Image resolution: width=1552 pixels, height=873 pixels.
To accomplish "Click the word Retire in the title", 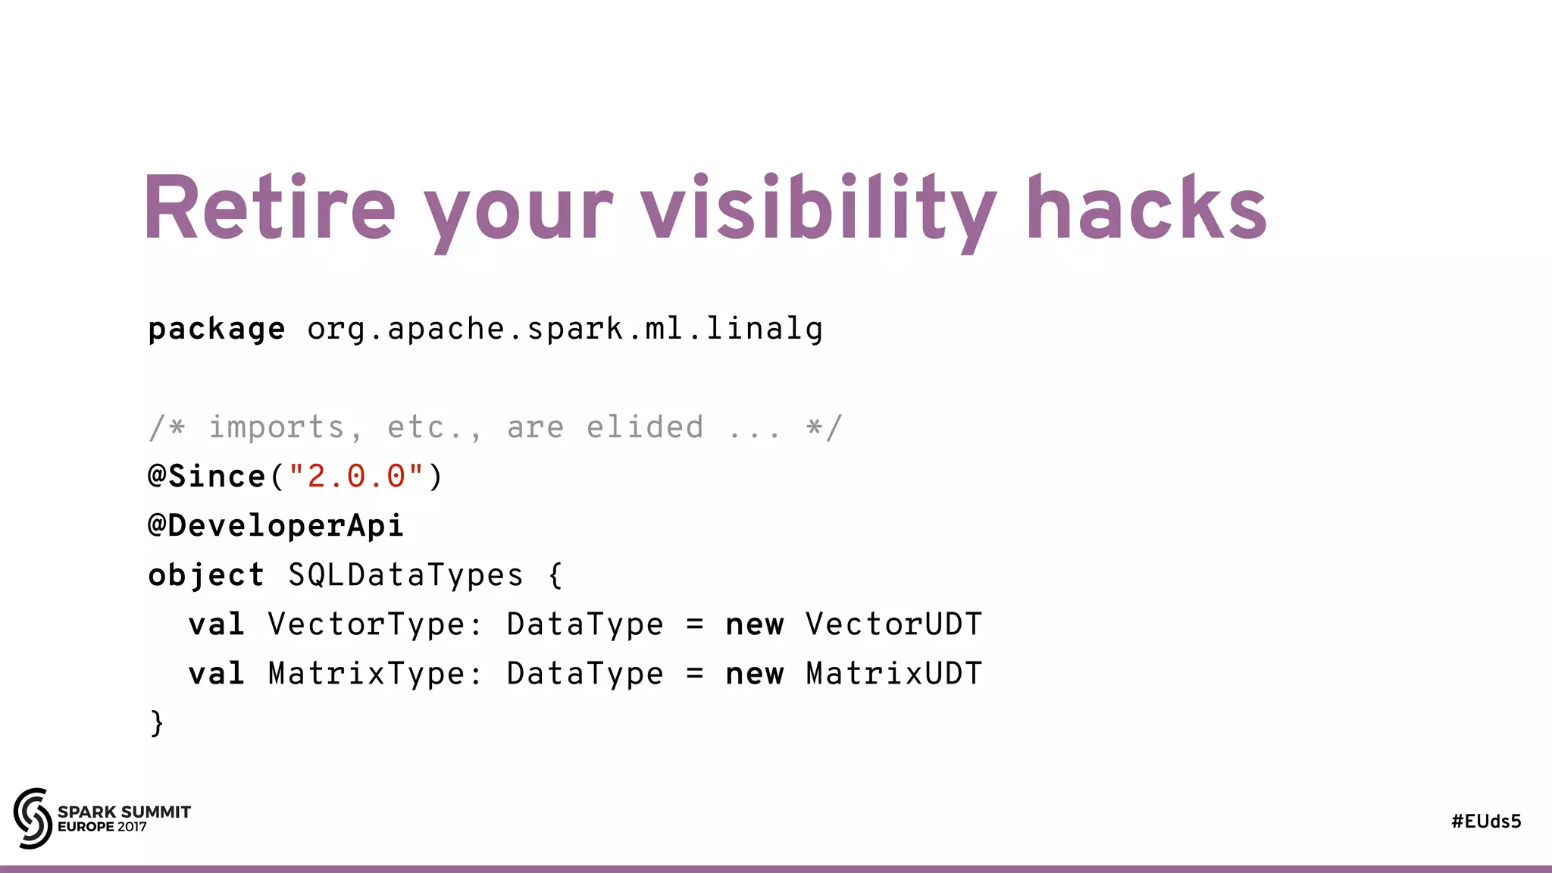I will coord(269,208).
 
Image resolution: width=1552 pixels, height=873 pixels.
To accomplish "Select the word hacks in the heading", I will coord(1146,208).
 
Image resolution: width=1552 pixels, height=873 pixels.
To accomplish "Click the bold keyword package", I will coord(216,330).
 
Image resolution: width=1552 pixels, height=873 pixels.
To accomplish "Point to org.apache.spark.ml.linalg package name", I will coord(565,330).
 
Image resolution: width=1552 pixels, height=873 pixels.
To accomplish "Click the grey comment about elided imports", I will coord(495,427).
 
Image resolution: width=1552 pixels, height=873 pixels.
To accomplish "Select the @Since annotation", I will coord(206,477).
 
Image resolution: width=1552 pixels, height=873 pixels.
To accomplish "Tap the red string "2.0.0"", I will coord(356,477).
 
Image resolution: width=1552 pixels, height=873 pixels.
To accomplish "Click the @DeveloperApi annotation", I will coord(276,526).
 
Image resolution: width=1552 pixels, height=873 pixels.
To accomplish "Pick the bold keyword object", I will coord(206,575).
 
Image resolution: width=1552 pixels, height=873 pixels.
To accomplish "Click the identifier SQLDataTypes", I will coord(405,575).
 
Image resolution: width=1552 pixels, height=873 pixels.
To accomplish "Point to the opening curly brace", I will coord(555,575).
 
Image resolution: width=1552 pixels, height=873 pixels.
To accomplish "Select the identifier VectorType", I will coord(366,624).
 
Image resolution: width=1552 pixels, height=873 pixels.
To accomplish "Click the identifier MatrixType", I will coord(366,674).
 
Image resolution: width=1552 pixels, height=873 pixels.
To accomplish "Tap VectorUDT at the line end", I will coord(893,624).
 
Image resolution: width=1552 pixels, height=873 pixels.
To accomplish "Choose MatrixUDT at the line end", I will coord(893,674).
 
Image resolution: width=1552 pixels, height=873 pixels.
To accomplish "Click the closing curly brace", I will coord(157,723).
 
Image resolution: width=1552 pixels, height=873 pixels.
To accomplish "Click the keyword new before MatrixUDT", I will coord(754,674).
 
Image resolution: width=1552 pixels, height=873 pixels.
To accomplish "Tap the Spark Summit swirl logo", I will coord(33,818).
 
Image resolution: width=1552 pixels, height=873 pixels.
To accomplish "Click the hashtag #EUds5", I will coord(1486,821).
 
